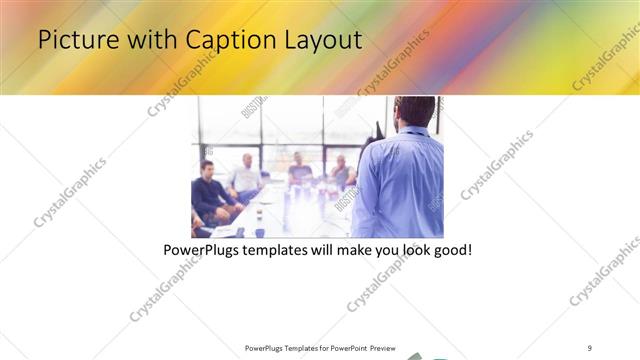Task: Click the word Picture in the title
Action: click(71, 40)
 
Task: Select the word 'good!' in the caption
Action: click(450, 250)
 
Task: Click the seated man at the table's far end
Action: click(299, 170)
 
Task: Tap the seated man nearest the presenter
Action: click(342, 172)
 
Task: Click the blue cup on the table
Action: click(259, 232)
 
